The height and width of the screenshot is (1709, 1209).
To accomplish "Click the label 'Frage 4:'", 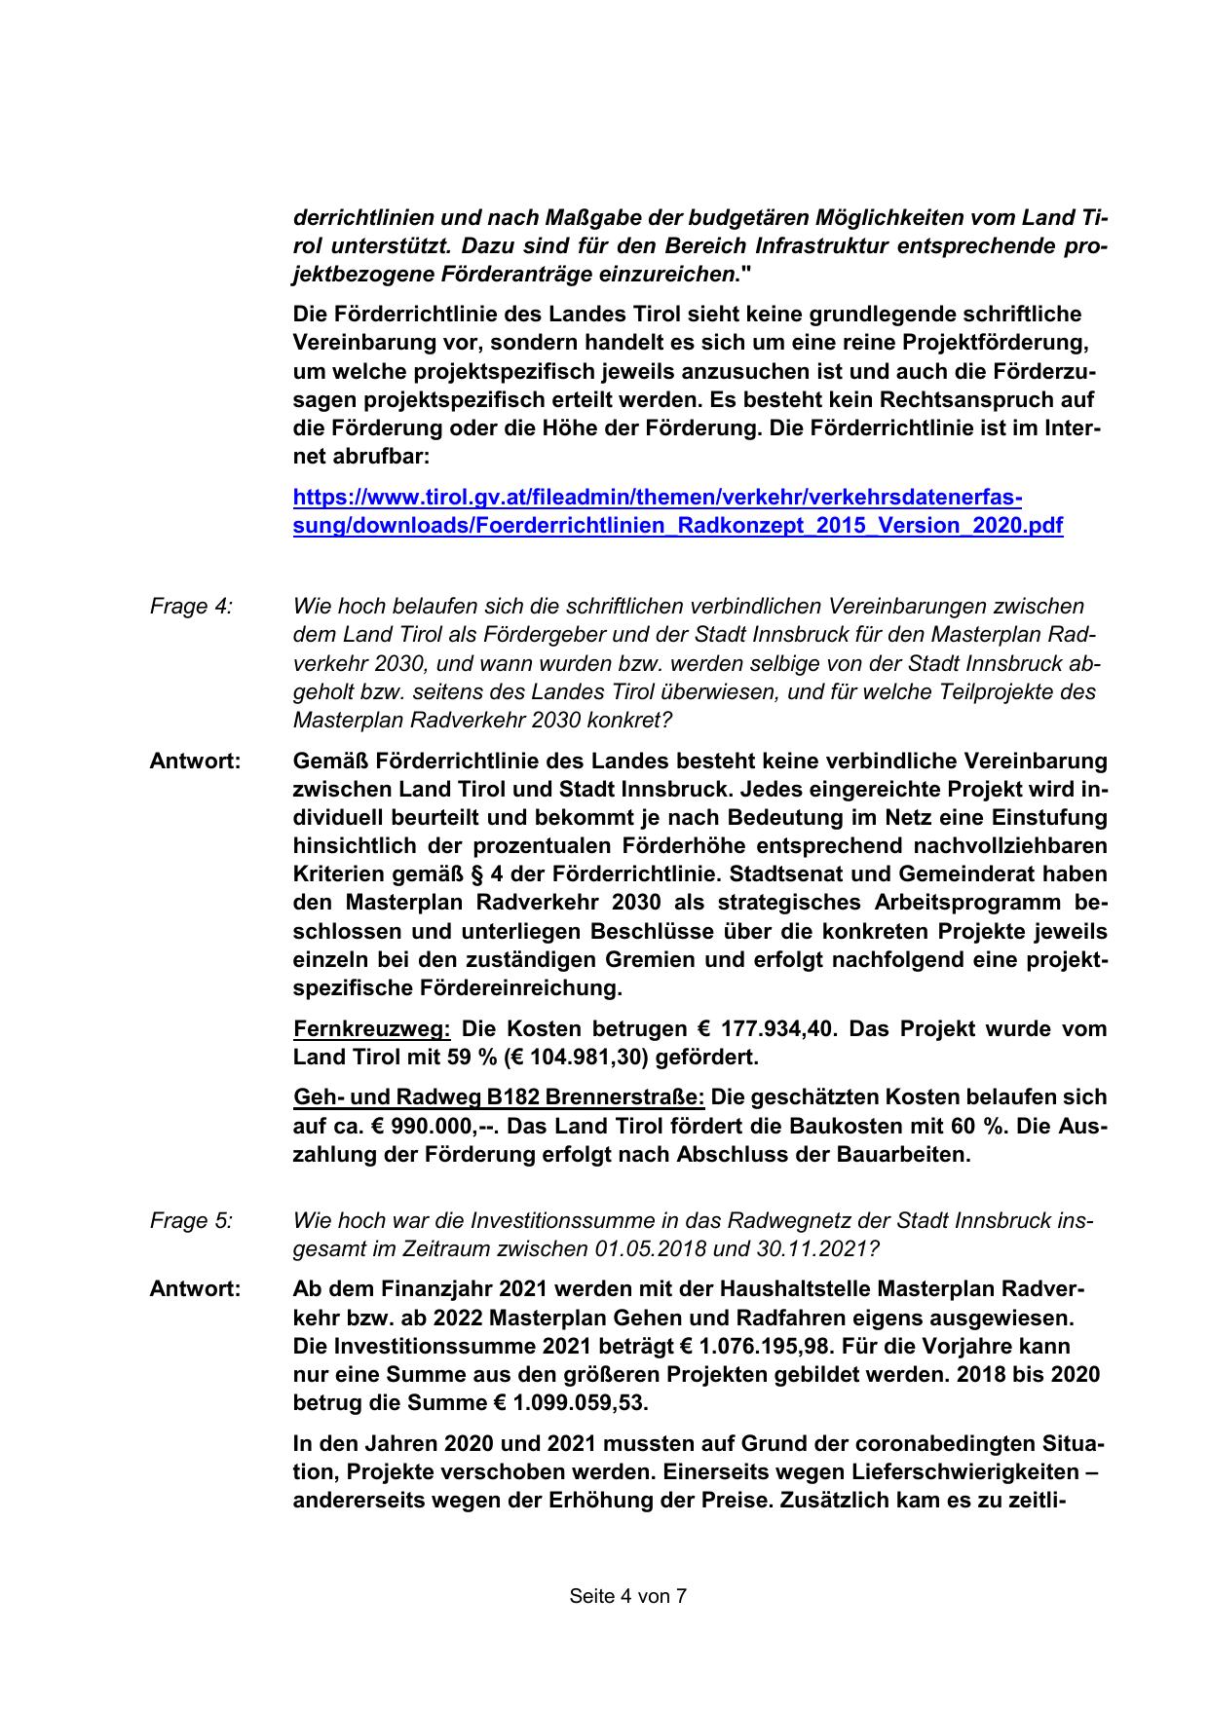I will coord(191,606).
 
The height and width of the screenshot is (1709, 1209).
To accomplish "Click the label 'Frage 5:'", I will coord(191,1220).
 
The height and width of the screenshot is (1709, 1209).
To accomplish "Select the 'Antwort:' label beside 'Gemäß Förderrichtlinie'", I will coord(195,761).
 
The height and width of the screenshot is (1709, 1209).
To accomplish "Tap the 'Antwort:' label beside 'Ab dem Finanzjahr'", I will coord(195,1288).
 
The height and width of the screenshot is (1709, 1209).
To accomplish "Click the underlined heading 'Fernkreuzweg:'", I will coord(371,1028).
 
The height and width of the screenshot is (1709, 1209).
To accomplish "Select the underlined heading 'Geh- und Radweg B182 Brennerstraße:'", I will coord(499,1097).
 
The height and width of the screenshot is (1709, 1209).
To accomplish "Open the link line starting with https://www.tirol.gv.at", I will coord(658,498).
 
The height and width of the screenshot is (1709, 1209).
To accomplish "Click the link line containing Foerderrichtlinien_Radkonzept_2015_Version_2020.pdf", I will coord(678,526).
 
